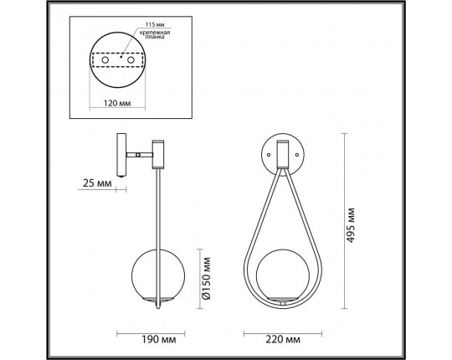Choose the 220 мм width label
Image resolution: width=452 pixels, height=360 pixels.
pyautogui.click(x=281, y=342)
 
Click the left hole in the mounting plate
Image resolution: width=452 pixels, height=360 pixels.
pyautogui.click(x=105, y=60)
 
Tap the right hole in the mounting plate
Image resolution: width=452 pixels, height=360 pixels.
pyautogui.click(x=134, y=60)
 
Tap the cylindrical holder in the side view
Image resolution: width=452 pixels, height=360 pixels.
pyautogui.click(x=156, y=152)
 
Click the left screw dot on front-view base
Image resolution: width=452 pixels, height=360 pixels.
pyautogui.click(x=268, y=154)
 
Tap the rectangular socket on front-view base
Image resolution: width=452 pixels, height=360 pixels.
pyautogui.click(x=282, y=152)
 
